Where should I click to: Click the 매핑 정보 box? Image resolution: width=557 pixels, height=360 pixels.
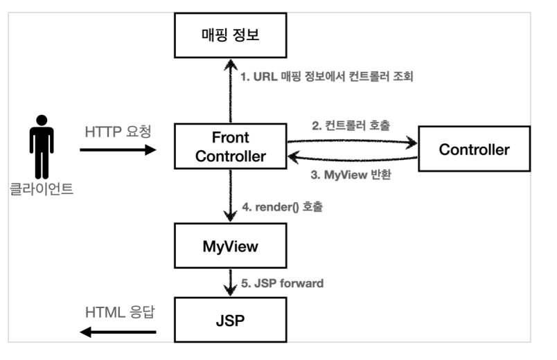[231, 35]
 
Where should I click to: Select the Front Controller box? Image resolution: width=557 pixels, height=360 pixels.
[231, 146]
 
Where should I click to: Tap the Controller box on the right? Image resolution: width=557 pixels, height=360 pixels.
[475, 149]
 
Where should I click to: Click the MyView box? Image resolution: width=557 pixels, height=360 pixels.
[231, 246]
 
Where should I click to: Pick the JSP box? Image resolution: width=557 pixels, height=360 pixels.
[231, 320]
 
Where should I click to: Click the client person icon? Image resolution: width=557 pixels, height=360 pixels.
[42, 147]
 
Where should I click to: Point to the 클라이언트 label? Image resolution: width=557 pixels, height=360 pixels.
[41, 189]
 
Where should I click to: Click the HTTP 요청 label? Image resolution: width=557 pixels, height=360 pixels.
[118, 132]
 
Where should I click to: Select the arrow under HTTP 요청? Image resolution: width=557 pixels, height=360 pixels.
[118, 150]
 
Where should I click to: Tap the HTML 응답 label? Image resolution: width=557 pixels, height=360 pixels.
[120, 312]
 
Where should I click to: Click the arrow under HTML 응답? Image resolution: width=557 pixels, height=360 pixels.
[118, 332]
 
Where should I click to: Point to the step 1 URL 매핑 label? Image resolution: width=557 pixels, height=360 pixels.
[327, 76]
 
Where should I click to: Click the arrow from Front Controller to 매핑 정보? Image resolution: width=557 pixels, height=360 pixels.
[231, 91]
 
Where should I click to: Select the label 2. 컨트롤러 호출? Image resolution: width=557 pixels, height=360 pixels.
[351, 125]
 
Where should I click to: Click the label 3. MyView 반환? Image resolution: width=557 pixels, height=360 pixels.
[351, 174]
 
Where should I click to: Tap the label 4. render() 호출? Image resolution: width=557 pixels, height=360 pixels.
[283, 206]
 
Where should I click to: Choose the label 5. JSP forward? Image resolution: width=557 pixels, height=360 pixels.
[283, 283]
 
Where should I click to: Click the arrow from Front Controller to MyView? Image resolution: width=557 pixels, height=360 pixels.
[231, 196]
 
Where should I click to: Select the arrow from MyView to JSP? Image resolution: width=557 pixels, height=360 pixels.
[231, 282]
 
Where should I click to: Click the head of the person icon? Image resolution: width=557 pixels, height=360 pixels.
[42, 120]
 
